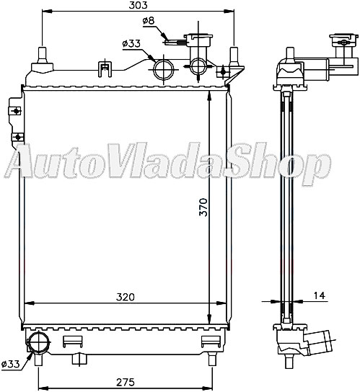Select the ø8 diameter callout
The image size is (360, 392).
[x=149, y=21]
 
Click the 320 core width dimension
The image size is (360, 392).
[x=125, y=296]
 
